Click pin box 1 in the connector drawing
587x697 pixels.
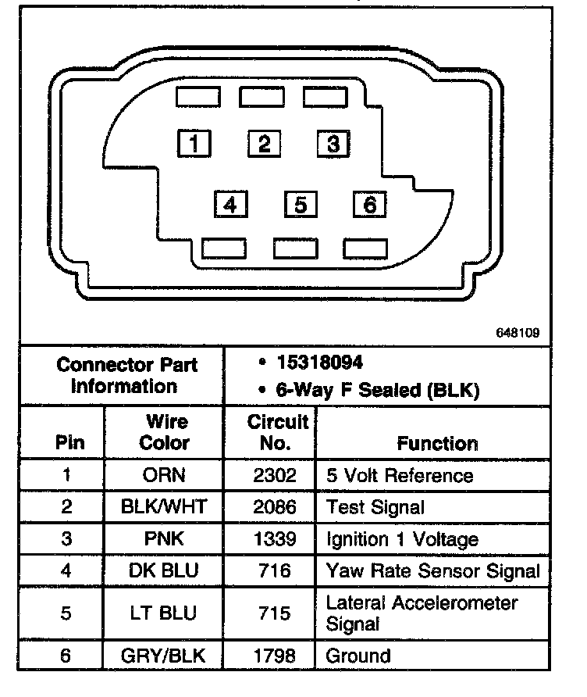coord(194,143)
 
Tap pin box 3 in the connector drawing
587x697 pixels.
coord(333,143)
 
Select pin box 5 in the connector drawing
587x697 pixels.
coord(301,205)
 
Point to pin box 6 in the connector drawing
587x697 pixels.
coord(370,205)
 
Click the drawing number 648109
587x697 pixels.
coord(517,332)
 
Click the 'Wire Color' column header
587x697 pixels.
coord(165,432)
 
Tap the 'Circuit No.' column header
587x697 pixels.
coord(278,432)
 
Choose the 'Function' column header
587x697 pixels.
coord(437,443)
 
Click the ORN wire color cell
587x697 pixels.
coord(165,475)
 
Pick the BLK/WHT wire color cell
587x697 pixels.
coord(165,507)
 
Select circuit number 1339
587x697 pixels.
coord(275,539)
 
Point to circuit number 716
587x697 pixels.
coord(275,570)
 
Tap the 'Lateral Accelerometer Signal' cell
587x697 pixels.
coord(422,613)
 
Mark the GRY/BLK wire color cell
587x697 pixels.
coord(165,655)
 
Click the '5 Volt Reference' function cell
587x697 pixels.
coord(400,475)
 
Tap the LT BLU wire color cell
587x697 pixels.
coord(165,613)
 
